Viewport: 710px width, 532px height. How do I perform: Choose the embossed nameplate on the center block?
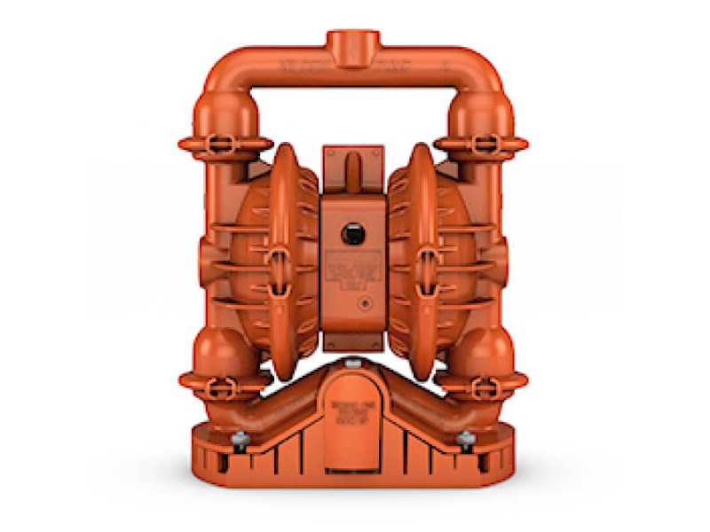tap(353, 270)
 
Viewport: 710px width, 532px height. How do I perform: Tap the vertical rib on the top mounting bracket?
tap(353, 168)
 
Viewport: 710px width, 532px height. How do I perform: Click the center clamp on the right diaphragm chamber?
tap(428, 262)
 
